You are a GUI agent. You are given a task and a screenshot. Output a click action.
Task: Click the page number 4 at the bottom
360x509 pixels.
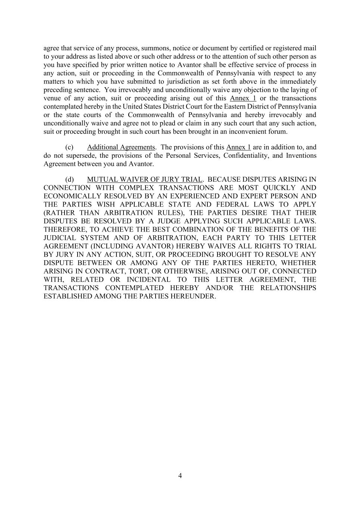pos(180,475)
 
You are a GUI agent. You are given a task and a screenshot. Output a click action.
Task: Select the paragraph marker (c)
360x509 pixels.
pos(69,147)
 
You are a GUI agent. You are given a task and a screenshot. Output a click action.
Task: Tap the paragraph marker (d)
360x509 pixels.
pos(69,179)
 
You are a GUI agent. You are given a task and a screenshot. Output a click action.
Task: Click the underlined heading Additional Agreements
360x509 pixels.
pos(120,147)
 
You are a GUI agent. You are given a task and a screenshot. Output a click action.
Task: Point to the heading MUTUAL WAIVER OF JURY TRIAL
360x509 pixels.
pos(145,179)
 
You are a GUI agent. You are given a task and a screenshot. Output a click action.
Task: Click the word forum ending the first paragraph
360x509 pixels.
pos(279,132)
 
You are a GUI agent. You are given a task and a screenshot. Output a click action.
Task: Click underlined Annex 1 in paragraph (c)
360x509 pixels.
pos(238,147)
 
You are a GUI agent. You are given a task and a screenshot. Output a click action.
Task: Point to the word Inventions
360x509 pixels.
pos(301,155)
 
